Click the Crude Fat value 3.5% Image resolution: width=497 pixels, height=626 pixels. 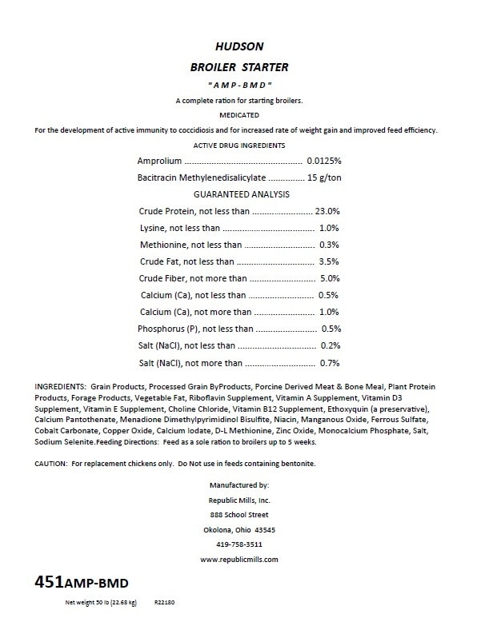coord(330,261)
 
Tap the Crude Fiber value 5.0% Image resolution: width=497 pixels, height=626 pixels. coord(330,278)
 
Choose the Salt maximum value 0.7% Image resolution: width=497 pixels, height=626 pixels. coord(330,362)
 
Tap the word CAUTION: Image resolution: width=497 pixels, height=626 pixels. coord(54,464)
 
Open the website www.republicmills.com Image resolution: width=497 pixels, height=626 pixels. coord(240,560)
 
